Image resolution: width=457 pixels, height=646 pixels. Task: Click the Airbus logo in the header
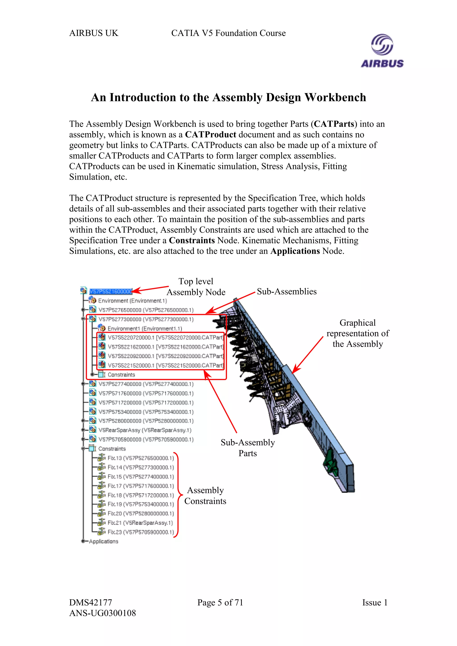(x=382, y=51)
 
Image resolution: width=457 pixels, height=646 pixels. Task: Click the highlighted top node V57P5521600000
(x=110, y=291)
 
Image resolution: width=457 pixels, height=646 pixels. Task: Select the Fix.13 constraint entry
(x=141, y=458)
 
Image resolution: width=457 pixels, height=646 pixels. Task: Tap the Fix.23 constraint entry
(x=141, y=532)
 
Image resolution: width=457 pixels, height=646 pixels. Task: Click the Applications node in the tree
(x=103, y=541)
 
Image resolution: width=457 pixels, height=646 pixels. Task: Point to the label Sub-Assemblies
(x=286, y=292)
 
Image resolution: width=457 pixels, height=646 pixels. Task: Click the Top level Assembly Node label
(x=196, y=287)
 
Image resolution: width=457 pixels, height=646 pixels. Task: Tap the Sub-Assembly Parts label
(x=247, y=448)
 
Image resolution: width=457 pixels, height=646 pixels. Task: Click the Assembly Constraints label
(x=205, y=496)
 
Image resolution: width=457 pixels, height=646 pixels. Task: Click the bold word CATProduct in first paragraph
(x=210, y=134)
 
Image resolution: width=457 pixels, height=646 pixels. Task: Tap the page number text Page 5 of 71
(x=220, y=602)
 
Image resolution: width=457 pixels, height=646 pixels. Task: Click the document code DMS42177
(x=91, y=602)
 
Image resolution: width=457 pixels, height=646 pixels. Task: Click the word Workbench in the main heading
(x=335, y=97)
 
